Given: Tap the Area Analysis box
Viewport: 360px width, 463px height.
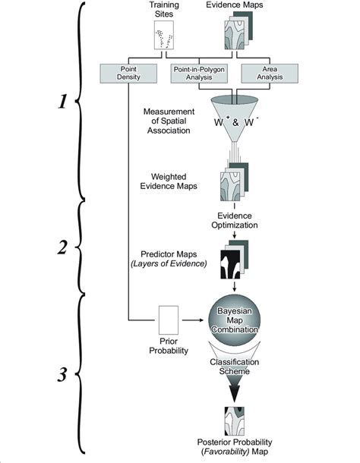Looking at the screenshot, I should pos(264,73).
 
